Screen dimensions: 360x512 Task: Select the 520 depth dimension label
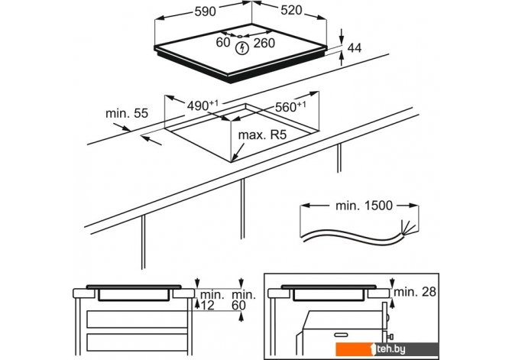[x=297, y=11]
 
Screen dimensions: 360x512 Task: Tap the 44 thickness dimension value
[x=354, y=48]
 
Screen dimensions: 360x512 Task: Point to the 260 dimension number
[x=264, y=43]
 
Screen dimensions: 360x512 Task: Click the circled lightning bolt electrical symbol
[x=243, y=47]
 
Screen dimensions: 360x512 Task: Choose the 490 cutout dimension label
[x=202, y=106]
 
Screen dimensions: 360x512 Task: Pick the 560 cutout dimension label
[x=290, y=106]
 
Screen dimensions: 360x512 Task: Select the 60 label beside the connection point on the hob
[x=222, y=43]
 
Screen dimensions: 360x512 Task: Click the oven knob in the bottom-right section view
[x=389, y=335]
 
